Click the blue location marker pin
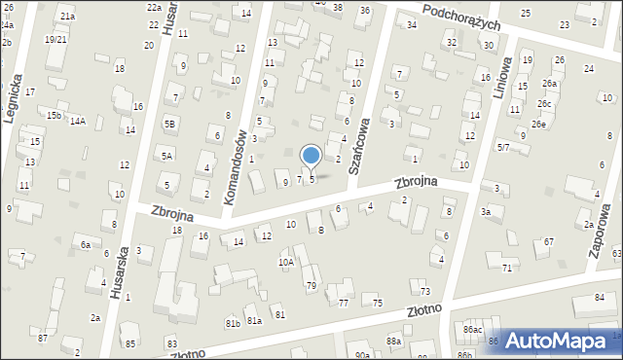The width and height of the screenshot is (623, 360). (311, 157)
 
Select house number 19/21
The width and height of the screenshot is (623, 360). (55, 39)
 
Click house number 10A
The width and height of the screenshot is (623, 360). (285, 262)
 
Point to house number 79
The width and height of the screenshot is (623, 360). (311, 285)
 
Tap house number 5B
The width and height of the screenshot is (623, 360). (170, 124)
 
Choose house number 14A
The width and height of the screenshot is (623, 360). (78, 122)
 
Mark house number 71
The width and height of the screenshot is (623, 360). (506, 267)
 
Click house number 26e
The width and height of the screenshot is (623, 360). (538, 125)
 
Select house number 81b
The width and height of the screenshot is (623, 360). (233, 323)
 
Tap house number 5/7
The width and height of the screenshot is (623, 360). (503, 147)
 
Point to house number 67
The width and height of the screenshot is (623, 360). (549, 241)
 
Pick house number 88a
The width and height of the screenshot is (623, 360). (393, 341)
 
